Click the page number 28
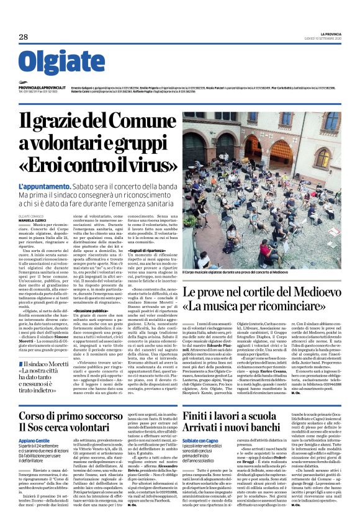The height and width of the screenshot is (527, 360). tap(24, 37)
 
